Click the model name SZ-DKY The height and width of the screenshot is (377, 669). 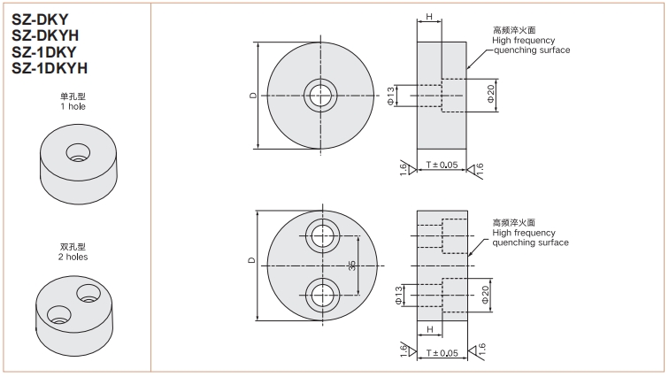(40, 19)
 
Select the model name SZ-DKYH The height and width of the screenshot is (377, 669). (45, 35)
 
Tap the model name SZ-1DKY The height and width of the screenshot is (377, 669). (44, 52)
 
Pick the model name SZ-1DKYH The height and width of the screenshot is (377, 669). (50, 68)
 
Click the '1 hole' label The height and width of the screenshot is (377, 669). (73, 106)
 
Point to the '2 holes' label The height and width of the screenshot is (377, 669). (73, 258)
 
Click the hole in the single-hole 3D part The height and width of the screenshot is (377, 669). (78, 153)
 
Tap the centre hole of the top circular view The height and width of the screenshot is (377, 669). (320, 96)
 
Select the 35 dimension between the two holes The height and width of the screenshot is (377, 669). (352, 265)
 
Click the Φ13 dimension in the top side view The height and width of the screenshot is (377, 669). (391, 96)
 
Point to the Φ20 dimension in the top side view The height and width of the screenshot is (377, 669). (491, 94)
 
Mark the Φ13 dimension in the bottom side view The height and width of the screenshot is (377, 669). (399, 295)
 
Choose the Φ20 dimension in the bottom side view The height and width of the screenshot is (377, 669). (485, 295)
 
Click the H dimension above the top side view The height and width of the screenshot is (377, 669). (429, 17)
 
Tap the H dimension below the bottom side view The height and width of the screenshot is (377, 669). (430, 329)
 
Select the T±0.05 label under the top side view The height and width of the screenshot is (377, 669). (442, 165)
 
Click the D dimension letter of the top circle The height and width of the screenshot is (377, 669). (253, 96)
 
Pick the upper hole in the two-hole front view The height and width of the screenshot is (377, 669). (322, 235)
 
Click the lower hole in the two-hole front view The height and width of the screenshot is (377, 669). (322, 295)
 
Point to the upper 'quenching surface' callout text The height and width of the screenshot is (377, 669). (532, 50)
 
